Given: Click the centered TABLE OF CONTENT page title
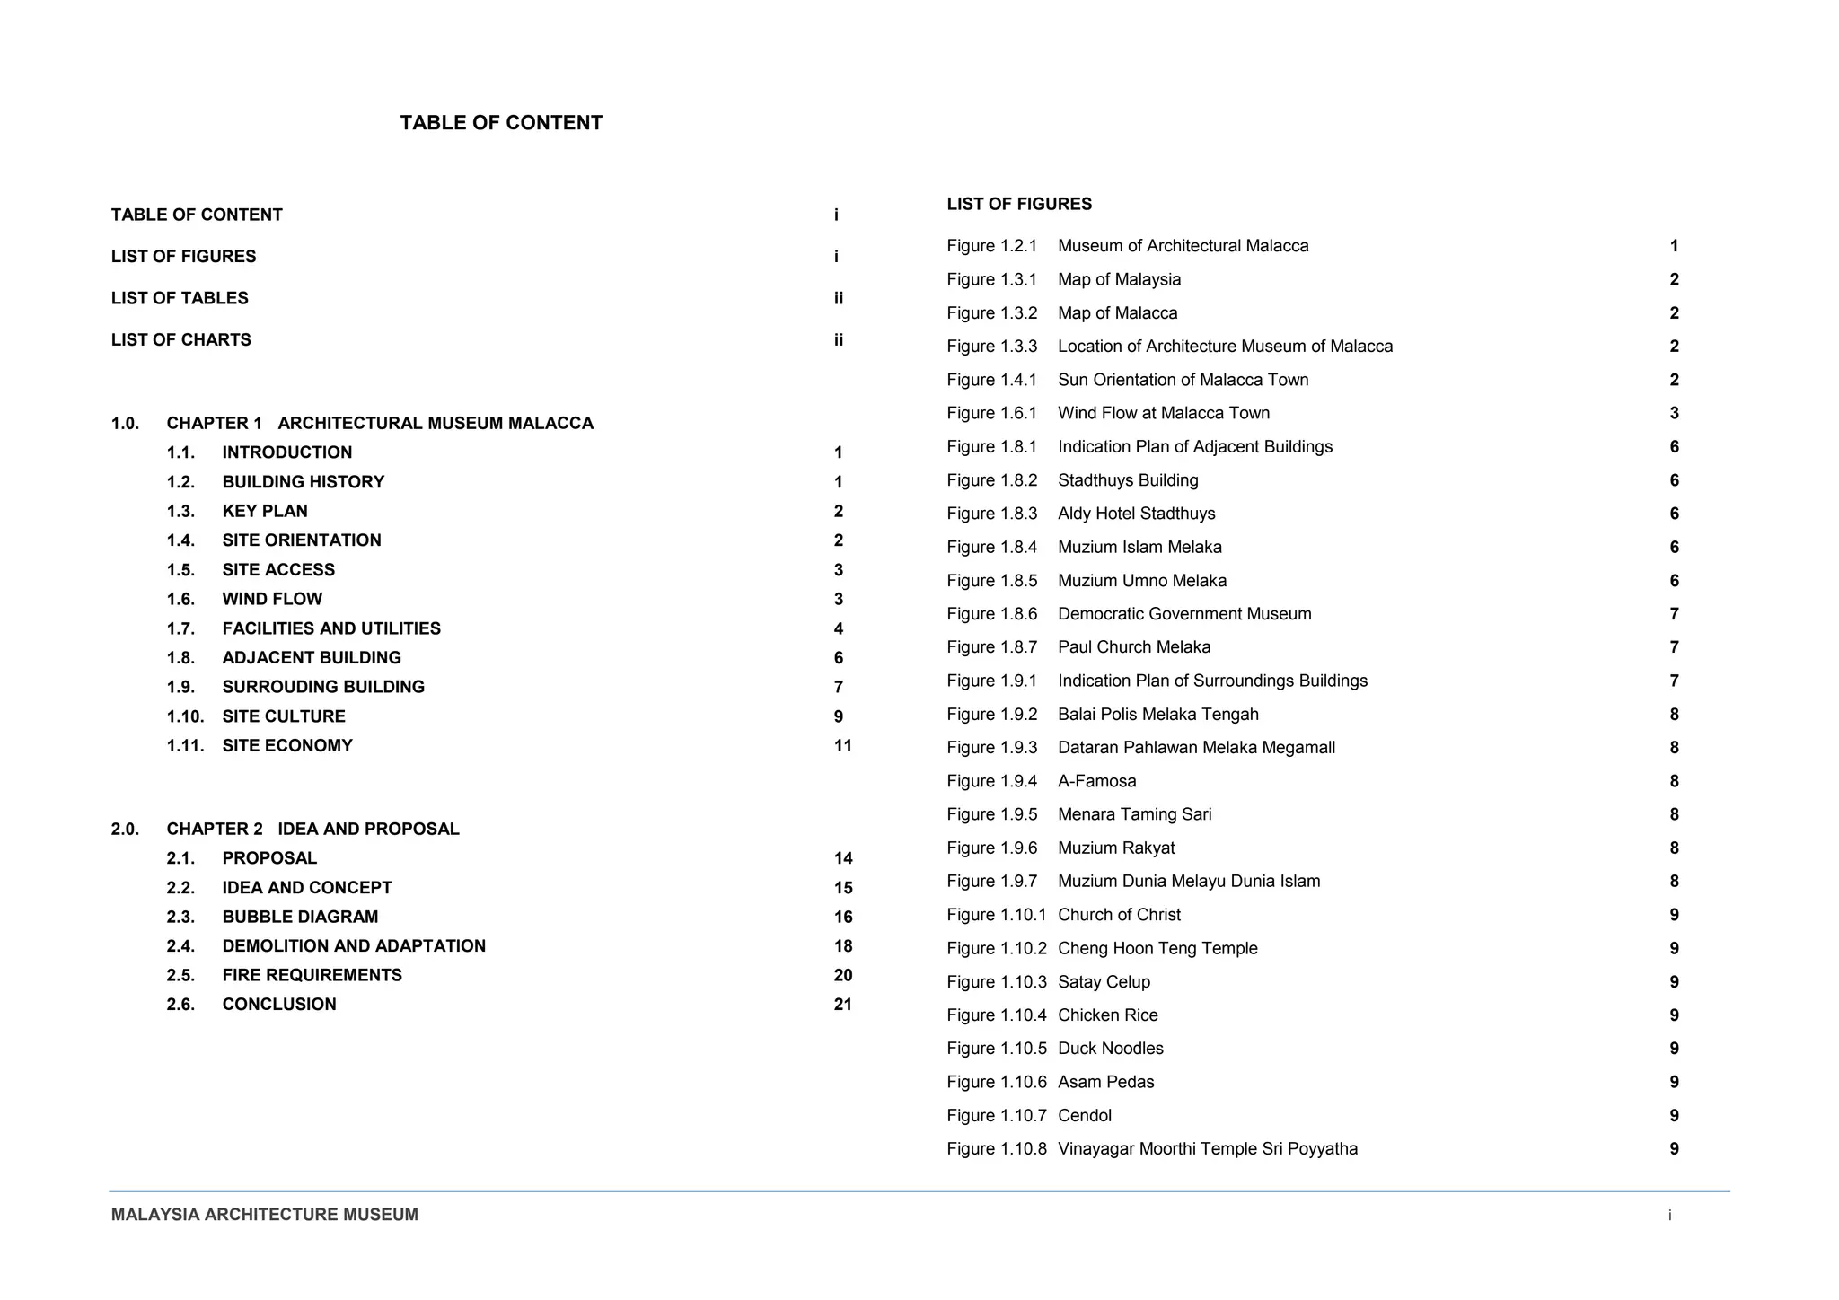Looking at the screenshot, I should [x=501, y=123].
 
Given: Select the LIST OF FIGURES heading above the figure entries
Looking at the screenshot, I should [x=1019, y=204].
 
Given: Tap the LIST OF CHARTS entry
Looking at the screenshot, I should [x=181, y=339].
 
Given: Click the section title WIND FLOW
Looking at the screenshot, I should [x=272, y=599].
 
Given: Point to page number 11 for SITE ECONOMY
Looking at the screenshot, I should [x=842, y=745].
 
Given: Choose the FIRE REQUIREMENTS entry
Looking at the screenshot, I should [x=312, y=975].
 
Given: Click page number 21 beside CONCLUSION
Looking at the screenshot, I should [x=842, y=1004].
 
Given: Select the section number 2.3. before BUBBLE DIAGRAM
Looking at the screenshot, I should [x=180, y=917].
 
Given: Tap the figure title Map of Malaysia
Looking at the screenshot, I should [x=1119, y=279].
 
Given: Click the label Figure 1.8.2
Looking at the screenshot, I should [x=991, y=480].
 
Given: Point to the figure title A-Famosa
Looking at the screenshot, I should [x=1096, y=781].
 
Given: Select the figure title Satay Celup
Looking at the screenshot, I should [x=1104, y=981].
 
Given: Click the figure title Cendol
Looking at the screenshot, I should [x=1085, y=1115].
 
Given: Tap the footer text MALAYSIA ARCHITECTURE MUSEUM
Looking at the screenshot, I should [x=265, y=1215].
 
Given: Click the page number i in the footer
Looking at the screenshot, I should [x=1669, y=1216].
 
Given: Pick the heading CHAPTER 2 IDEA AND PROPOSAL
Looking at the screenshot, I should [x=312, y=829].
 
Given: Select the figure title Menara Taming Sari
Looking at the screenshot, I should [x=1134, y=814].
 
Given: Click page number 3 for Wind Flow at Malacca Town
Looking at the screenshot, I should [x=1674, y=413].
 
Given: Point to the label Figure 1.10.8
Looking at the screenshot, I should [x=996, y=1148].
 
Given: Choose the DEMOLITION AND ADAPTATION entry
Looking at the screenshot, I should [x=354, y=945].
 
